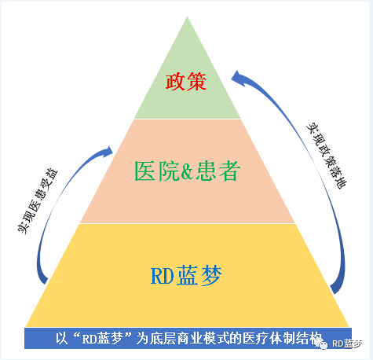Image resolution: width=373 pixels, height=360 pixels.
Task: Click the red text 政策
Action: pos(186,82)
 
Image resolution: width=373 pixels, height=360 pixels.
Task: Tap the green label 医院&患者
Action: pos(187,171)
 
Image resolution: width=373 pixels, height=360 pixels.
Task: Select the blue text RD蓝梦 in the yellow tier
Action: pos(186,275)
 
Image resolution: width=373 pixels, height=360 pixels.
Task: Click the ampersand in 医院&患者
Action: pos(187,171)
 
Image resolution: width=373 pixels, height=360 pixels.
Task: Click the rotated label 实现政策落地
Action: pos(327,155)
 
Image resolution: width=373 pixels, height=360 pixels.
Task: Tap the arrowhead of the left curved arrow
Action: pos(108,152)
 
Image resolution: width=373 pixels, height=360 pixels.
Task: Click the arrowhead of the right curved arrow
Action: pos(238,78)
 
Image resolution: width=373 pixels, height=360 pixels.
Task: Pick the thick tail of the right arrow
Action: pos(337,287)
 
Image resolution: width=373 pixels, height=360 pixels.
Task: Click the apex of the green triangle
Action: pos(187,17)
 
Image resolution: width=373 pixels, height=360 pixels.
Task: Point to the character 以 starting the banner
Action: pos(62,338)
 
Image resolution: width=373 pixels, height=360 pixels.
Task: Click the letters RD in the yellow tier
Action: pos(162,276)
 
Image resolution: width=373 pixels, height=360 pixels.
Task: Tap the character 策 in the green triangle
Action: pos(196,82)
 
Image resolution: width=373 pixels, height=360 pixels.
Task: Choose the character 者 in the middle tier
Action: pos(229,171)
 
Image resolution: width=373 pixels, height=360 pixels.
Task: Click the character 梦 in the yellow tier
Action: pos(211,275)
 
